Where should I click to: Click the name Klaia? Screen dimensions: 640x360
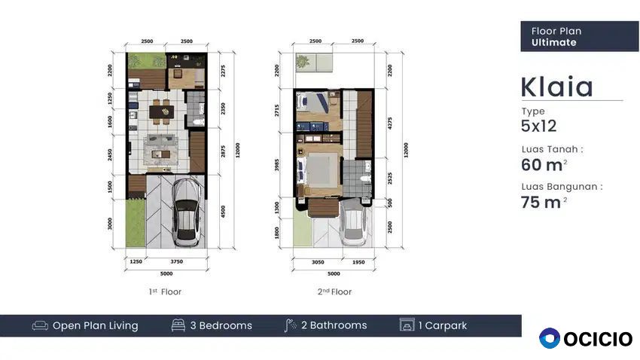pos(556,87)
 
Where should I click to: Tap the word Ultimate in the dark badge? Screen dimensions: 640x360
pos(554,42)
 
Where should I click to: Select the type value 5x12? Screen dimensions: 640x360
pos(539,126)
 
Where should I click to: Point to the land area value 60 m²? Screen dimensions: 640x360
pos(544,165)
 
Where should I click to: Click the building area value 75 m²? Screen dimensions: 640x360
pos(544,202)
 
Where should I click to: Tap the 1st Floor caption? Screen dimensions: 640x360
pos(166,291)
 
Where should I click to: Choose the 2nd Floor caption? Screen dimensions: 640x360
pos(335,291)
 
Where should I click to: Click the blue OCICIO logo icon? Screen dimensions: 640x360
pos(550,338)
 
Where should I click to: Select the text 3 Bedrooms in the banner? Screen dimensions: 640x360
pos(221,325)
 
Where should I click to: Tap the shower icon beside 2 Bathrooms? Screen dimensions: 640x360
pos(290,325)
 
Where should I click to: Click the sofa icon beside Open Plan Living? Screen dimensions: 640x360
pos(40,325)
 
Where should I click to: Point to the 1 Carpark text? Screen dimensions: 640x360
pos(443,325)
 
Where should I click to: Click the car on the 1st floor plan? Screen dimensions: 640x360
pos(187,212)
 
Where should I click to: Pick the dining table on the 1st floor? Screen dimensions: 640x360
pos(162,111)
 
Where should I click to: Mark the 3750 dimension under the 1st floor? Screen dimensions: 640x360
pos(177,261)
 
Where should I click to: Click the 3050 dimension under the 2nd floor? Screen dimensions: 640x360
pos(318,262)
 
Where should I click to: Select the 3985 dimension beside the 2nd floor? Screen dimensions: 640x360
pos(277,165)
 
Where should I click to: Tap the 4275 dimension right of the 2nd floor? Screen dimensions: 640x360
pos(390,124)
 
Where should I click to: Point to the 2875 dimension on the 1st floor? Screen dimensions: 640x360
pos(223,151)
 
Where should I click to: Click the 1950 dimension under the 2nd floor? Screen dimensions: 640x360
pos(358,262)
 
